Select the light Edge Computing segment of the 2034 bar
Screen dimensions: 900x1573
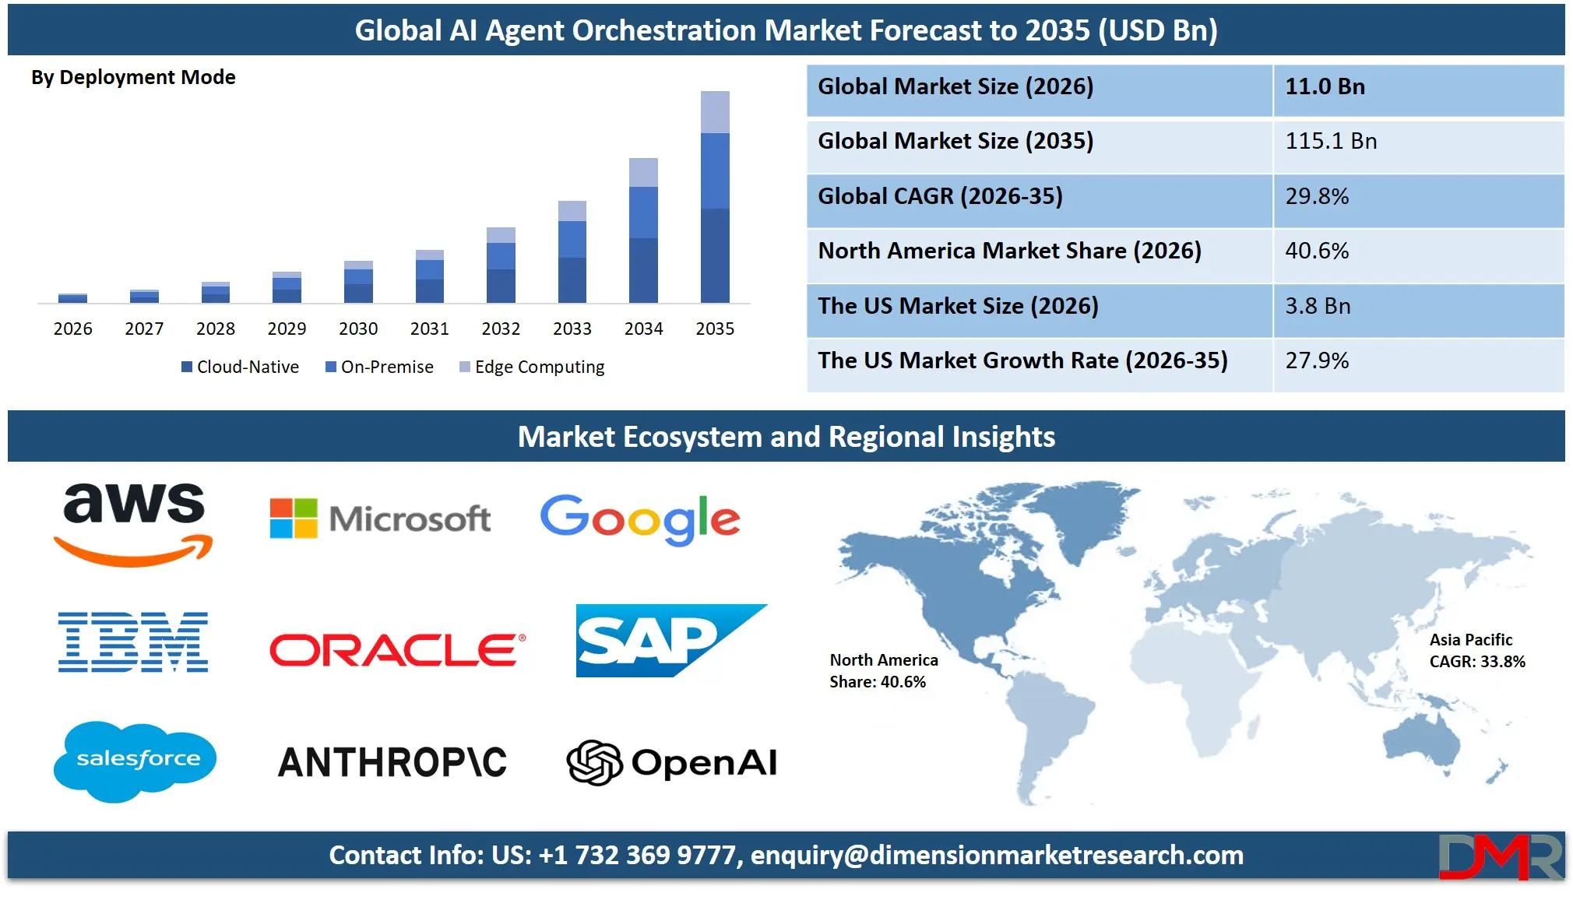click(x=643, y=172)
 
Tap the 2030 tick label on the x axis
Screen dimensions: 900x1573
click(x=358, y=329)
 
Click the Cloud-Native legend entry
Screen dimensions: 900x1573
click(x=240, y=367)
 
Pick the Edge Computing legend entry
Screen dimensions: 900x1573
click(x=532, y=367)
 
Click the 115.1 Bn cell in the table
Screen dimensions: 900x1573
click(x=1331, y=142)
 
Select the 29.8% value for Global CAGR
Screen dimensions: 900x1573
click(x=1317, y=196)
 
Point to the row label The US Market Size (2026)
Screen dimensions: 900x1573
click(x=958, y=306)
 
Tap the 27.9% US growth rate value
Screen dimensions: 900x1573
click(x=1317, y=360)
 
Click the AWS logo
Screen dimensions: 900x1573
click(x=134, y=522)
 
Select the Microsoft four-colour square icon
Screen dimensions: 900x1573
click(x=294, y=519)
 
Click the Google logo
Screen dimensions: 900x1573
click(x=640, y=519)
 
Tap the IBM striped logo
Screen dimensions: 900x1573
click(x=133, y=642)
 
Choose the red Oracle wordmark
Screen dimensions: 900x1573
click(x=396, y=649)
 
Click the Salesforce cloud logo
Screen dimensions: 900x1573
click(x=135, y=760)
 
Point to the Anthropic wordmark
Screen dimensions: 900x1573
click(x=392, y=762)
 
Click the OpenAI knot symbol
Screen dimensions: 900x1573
click(x=593, y=762)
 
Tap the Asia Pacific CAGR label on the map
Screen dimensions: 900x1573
click(x=1476, y=651)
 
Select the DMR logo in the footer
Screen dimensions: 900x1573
click(x=1500, y=856)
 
